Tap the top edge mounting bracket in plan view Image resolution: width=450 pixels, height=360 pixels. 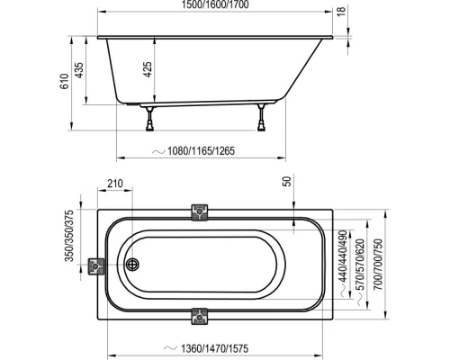[x=200, y=211]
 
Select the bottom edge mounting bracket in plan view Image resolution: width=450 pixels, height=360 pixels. [x=200, y=319]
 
